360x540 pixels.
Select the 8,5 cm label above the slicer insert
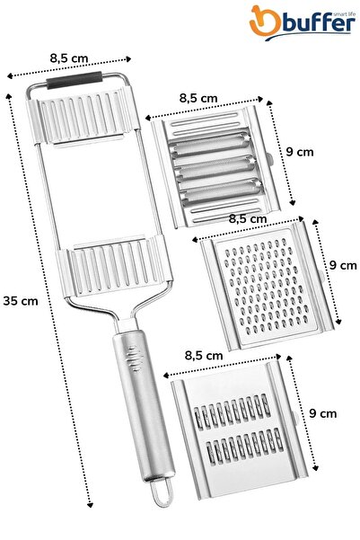tap(198, 97)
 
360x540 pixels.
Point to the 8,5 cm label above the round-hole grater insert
tap(249, 217)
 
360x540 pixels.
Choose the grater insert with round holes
tap(261, 282)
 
